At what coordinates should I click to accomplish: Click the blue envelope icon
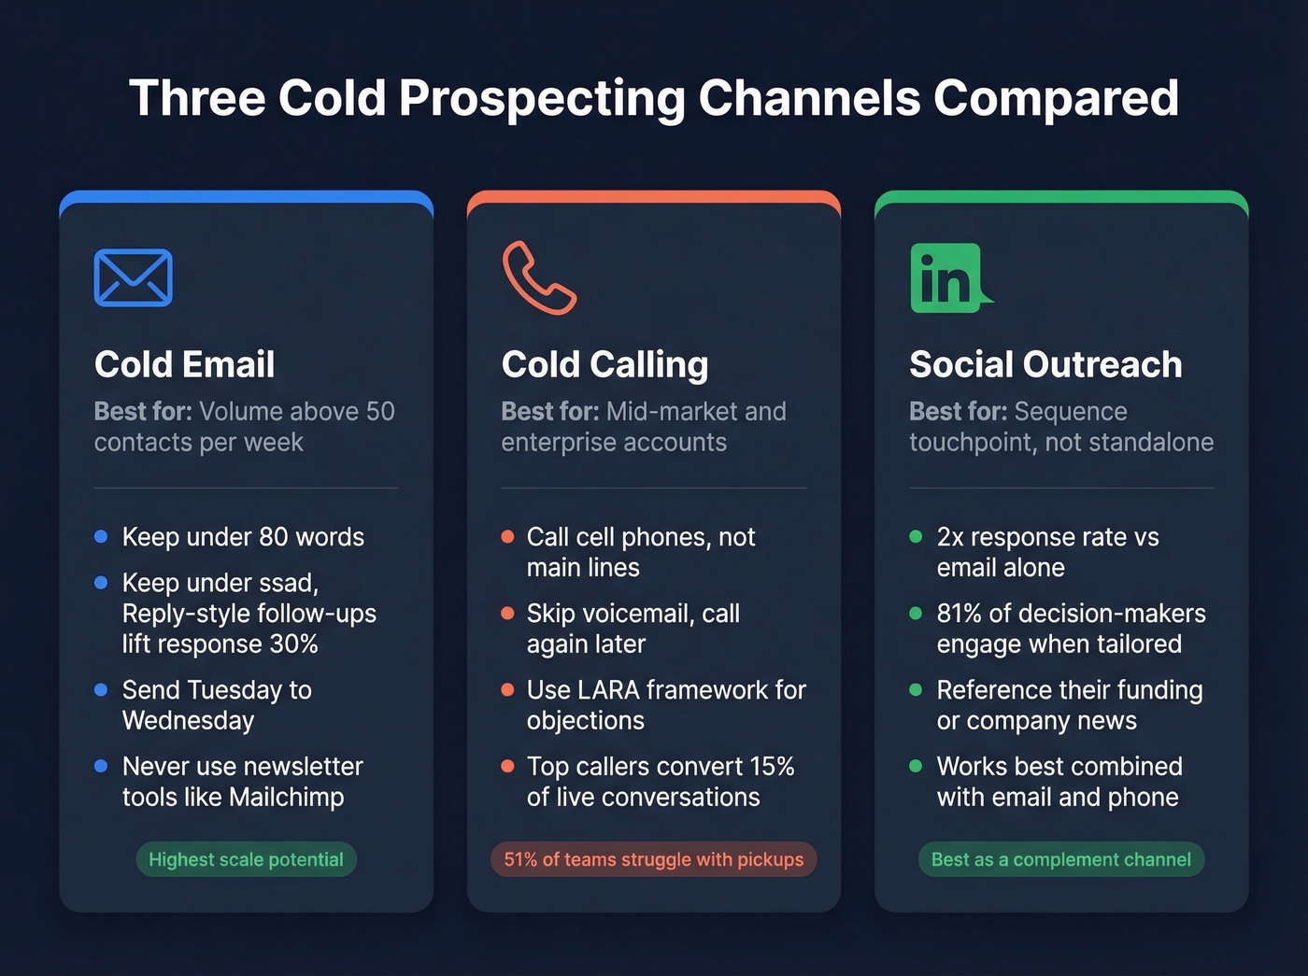[x=133, y=277]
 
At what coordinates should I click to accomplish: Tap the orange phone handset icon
[x=538, y=278]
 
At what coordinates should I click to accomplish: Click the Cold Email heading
[x=184, y=364]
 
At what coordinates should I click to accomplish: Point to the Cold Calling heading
[x=604, y=364]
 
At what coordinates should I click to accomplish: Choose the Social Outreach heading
[x=1045, y=364]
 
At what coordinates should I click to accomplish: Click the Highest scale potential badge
[x=246, y=859]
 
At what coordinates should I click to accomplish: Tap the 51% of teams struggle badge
[x=653, y=859]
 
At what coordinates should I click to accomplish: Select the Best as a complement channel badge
[x=1060, y=859]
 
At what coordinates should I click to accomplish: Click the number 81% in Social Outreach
[x=959, y=614]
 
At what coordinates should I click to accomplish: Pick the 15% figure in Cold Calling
[x=771, y=767]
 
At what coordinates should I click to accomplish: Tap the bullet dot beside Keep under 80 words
[x=101, y=537]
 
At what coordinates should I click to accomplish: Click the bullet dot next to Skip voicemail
[x=507, y=614]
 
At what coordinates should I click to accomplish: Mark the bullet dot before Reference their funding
[x=916, y=690]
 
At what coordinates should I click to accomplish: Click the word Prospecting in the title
[x=542, y=98]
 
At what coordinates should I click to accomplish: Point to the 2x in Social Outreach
[x=949, y=537]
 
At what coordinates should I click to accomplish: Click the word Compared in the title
[x=1056, y=98]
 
